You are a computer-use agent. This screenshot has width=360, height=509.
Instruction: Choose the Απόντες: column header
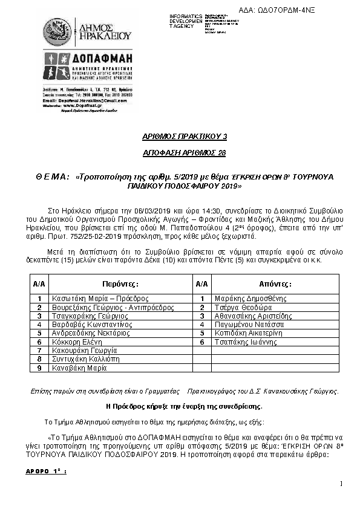coord(276,283)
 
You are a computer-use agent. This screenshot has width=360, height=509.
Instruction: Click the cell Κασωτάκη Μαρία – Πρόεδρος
coord(100,299)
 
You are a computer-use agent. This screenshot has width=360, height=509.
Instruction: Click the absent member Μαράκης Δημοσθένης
coord(245,299)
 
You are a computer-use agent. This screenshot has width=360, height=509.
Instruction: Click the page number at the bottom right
coord(341,483)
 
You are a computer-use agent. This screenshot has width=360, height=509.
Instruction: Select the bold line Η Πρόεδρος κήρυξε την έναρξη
coord(184,406)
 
